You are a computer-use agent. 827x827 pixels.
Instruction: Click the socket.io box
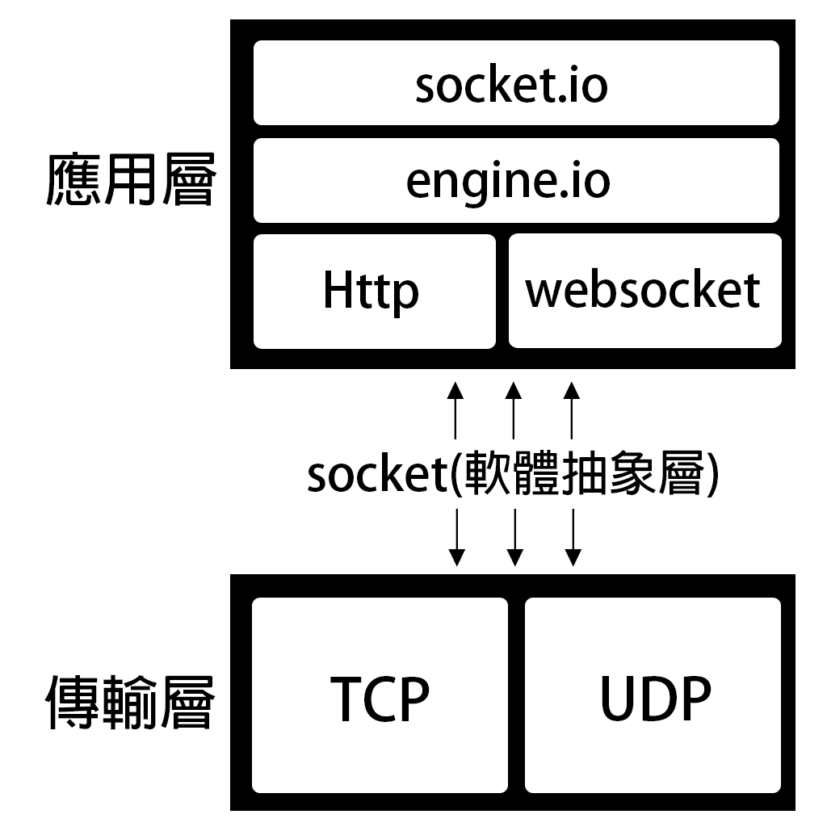click(x=516, y=83)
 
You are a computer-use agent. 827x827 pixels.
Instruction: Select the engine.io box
click(x=516, y=180)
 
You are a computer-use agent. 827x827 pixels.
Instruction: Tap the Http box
click(x=374, y=292)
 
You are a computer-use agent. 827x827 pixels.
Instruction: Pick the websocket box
click(x=644, y=292)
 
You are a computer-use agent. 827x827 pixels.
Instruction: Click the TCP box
click(x=380, y=695)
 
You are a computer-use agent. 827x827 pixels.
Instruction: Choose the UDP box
click(x=653, y=695)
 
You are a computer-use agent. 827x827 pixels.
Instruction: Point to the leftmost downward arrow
click(x=456, y=537)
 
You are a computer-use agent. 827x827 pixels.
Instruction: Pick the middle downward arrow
click(x=514, y=537)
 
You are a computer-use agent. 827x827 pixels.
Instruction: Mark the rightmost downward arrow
click(x=573, y=537)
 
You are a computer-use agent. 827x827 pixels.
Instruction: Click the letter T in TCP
click(x=347, y=699)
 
